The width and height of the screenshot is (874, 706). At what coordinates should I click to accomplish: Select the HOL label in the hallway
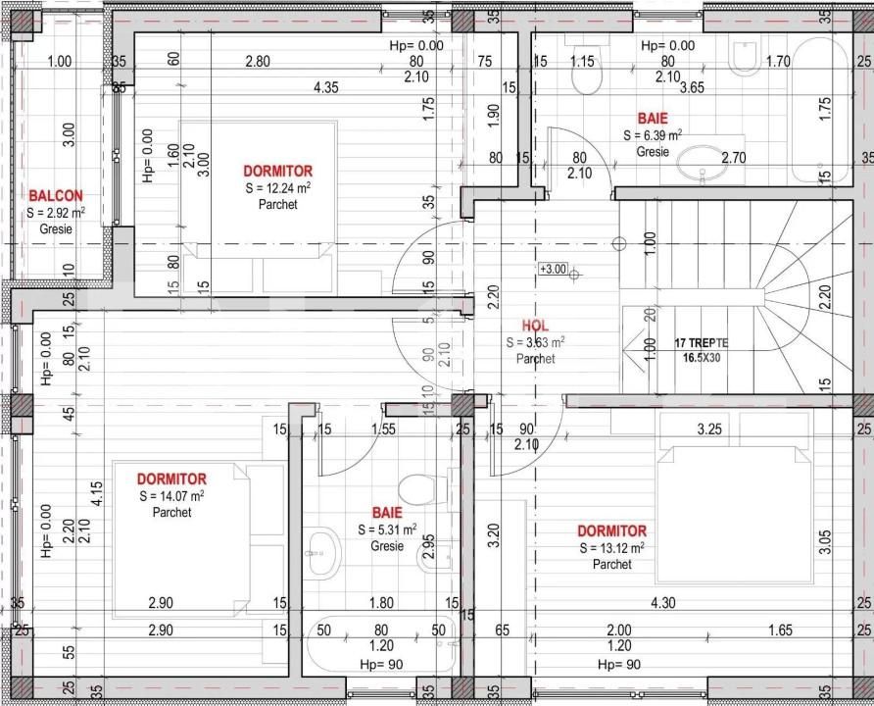click(x=535, y=326)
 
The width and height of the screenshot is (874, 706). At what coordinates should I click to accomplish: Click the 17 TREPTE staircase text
click(x=702, y=343)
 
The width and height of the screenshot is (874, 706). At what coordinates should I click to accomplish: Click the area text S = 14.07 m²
click(x=171, y=496)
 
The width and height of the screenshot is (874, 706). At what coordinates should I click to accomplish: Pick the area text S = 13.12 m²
click(x=611, y=548)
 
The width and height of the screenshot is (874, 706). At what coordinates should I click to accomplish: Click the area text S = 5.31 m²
click(x=386, y=530)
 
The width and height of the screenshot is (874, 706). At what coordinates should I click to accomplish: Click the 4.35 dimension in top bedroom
click(x=326, y=88)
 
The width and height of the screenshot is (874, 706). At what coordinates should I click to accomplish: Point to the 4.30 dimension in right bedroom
click(x=664, y=604)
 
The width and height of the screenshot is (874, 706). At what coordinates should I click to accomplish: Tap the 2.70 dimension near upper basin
click(x=733, y=157)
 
